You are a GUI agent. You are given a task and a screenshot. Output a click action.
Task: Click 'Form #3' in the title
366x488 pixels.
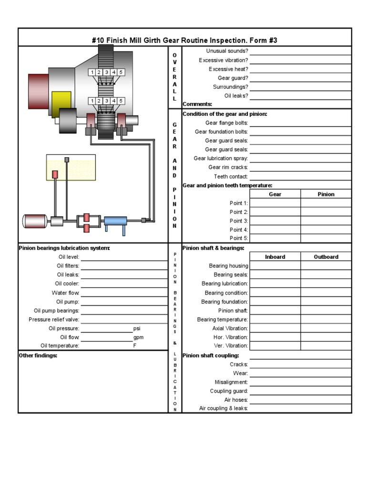[262, 41]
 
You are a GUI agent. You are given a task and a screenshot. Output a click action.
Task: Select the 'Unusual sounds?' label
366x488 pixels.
[227, 51]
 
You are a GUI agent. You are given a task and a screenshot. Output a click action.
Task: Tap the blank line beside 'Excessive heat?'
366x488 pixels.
[300, 69]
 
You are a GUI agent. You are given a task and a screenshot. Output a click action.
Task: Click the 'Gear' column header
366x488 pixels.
[275, 194]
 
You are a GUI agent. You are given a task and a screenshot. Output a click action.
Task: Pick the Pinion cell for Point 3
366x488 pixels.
[326, 221]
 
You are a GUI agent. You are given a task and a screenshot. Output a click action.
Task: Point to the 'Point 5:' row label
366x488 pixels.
[239, 238]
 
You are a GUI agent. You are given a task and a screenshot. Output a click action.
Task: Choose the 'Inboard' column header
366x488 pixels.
[275, 257]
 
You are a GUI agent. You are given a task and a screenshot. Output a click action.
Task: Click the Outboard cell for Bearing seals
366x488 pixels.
[326, 275]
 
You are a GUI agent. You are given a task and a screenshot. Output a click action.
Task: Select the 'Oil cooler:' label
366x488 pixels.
[67, 284]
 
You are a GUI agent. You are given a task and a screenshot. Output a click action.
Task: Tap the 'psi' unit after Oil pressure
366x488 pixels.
[137, 328]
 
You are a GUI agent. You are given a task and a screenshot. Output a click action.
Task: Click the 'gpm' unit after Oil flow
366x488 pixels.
[138, 337]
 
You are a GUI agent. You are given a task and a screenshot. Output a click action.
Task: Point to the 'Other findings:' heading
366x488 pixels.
[38, 356]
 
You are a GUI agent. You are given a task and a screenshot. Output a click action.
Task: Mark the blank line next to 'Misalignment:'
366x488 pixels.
[300, 382]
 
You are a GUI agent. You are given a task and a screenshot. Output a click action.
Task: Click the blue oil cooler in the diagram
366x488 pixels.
[115, 221]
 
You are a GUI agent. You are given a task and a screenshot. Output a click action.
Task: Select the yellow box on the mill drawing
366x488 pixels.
[61, 102]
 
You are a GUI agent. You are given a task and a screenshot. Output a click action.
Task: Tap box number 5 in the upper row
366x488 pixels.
[121, 72]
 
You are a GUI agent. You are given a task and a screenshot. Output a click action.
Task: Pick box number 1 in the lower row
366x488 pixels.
[91, 101]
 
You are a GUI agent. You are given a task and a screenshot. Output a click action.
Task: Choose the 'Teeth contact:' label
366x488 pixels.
[231, 176]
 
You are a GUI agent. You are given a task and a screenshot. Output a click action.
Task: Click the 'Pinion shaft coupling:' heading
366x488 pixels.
[211, 356]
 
